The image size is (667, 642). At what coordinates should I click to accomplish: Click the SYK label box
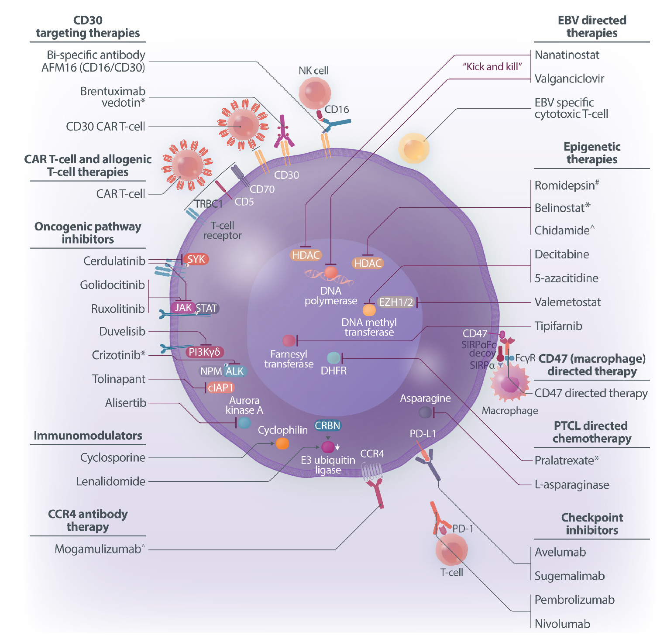click(x=196, y=259)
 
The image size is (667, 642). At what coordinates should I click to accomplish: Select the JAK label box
click(x=183, y=308)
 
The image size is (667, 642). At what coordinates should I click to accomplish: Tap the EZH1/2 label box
click(x=395, y=302)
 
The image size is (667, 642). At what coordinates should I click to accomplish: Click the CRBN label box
click(x=327, y=426)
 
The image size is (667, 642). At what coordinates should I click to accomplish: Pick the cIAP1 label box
click(x=220, y=388)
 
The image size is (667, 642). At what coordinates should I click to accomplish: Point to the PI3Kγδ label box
click(x=204, y=352)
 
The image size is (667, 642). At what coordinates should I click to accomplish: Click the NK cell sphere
click(x=314, y=93)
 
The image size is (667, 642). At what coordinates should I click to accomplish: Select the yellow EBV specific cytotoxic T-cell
click(x=413, y=148)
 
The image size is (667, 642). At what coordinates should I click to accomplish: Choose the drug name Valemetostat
click(x=567, y=302)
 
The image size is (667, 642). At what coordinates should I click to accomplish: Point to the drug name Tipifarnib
click(x=558, y=326)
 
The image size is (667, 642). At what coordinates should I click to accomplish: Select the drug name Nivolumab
click(x=562, y=624)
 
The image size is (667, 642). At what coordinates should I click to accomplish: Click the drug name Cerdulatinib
click(x=114, y=261)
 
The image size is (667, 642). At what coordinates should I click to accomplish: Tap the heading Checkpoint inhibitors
click(x=592, y=524)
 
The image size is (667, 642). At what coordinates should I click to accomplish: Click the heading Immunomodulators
click(x=88, y=436)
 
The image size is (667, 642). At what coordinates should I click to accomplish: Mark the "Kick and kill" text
click(x=492, y=67)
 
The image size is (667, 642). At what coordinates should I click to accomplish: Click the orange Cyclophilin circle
click(x=282, y=444)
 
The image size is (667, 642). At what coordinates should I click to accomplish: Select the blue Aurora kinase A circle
click(x=244, y=422)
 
